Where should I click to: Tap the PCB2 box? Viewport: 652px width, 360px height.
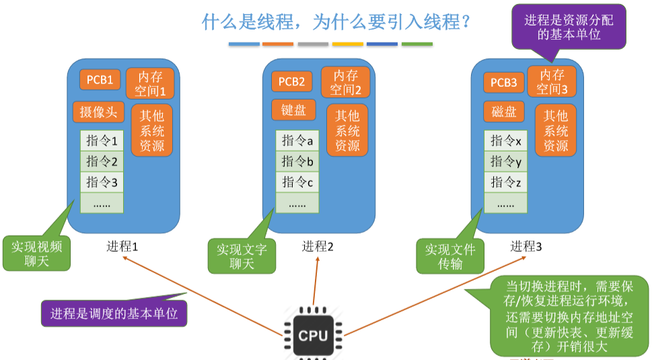[x=292, y=81]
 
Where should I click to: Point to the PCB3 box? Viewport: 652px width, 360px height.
[x=503, y=82]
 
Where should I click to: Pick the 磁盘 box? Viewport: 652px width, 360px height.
[x=504, y=112]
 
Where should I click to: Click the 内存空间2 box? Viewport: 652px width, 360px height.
[x=345, y=82]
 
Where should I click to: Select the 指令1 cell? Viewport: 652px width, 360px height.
[x=102, y=141]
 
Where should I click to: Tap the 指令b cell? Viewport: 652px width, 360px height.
[x=297, y=161]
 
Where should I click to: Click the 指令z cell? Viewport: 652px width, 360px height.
[x=506, y=182]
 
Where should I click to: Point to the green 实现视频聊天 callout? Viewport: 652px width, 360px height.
[x=36, y=253]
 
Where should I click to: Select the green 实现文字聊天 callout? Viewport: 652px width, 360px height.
[x=242, y=256]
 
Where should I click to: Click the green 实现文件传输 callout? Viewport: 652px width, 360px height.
[x=449, y=256]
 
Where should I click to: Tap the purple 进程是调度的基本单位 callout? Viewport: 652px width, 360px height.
[x=114, y=313]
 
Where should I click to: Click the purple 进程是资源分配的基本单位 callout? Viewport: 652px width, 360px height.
[x=569, y=27]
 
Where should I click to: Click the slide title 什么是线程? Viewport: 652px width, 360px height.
[x=336, y=22]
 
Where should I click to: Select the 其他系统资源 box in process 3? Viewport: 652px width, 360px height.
[x=556, y=131]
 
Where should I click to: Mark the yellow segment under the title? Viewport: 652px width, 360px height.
[x=348, y=44]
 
